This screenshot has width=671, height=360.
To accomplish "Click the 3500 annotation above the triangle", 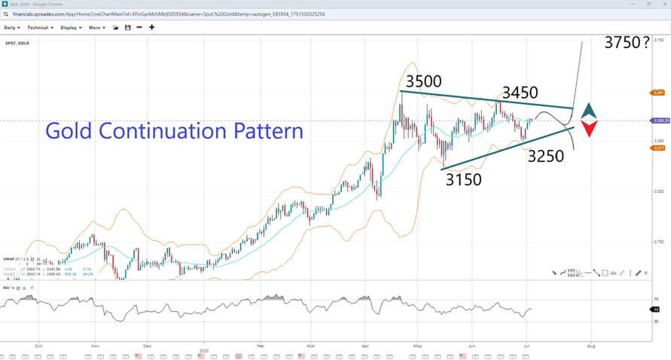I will pos(423,81).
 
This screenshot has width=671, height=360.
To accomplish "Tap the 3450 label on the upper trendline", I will pos(520,93).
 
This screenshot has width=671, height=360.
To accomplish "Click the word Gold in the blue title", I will pos(70,131).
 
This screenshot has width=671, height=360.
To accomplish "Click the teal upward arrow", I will pos(589,109).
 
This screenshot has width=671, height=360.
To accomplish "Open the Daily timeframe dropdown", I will pos(12,28).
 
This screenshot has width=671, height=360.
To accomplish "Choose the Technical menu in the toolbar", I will pos(39,28).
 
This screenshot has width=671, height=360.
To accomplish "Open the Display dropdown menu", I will pos(71,28).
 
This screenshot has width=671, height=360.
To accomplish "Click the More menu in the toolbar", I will pos(96,28).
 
